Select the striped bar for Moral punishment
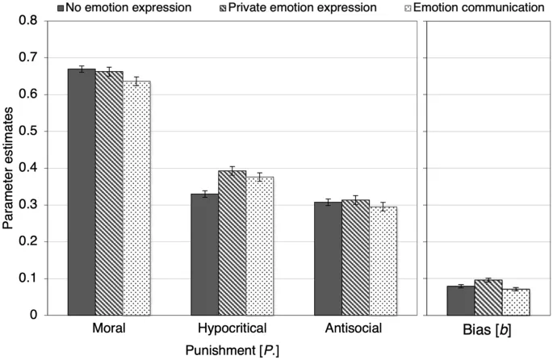(109, 194)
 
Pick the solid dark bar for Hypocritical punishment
(204, 254)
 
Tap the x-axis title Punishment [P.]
(232, 350)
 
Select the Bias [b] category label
(488, 330)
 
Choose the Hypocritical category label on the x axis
(232, 330)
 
